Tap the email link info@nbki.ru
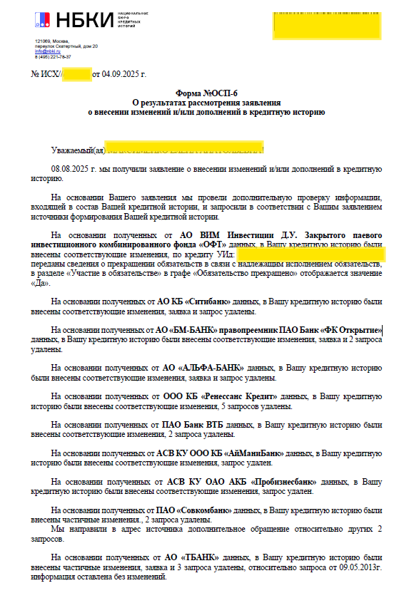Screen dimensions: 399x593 (x=48, y=51)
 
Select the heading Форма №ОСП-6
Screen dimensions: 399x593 (x=206, y=93)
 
